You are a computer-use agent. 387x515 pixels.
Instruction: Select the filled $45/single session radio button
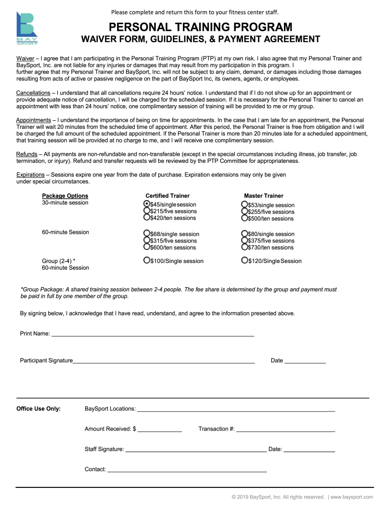[147, 204]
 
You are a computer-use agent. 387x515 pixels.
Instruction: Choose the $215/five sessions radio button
[147, 211]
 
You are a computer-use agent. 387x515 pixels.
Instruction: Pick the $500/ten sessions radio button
[244, 218]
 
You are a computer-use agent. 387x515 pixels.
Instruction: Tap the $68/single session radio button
[147, 233]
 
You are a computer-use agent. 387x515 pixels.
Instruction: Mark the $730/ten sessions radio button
[244, 247]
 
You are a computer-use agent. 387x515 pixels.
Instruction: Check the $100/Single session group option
[147, 260]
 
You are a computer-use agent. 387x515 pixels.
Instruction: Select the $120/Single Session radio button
[244, 260]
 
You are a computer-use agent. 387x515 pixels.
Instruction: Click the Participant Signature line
[164, 362]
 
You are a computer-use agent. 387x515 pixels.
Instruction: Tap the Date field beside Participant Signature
[305, 362]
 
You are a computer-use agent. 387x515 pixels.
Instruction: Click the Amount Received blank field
[159, 431]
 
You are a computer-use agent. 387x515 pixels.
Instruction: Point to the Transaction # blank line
[285, 431]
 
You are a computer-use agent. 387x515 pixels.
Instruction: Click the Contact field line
[187, 471]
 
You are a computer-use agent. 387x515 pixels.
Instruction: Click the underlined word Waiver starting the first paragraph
[25, 58]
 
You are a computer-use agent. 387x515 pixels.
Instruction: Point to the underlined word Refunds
[27, 154]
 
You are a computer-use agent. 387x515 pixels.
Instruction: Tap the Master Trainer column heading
[263, 196]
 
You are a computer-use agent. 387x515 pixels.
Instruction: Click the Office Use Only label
[39, 408]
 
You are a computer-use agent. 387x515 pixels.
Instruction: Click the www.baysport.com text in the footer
[352, 497]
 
